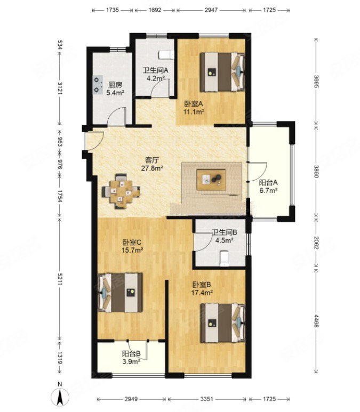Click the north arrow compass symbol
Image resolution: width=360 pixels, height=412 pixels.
[x=60, y=396]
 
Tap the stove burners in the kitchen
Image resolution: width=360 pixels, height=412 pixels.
[x=98, y=85]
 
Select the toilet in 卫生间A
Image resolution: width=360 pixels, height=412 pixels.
[x=166, y=55]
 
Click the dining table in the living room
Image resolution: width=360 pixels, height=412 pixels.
[x=121, y=191]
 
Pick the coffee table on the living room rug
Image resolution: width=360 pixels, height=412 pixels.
[x=211, y=180]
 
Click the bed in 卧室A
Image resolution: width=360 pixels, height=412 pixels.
[x=222, y=72]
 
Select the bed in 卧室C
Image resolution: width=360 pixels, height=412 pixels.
[x=120, y=293]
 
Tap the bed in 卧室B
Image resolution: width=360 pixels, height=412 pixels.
[x=223, y=323]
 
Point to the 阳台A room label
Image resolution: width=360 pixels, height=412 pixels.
[x=268, y=182]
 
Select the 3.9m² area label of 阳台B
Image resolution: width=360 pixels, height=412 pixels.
[x=131, y=361]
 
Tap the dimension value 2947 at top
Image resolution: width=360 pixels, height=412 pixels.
[x=211, y=10]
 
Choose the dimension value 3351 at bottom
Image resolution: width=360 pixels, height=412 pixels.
[x=207, y=399]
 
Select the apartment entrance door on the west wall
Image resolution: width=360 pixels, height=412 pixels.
[x=94, y=141]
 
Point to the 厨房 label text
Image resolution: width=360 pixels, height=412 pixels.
[x=115, y=85]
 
